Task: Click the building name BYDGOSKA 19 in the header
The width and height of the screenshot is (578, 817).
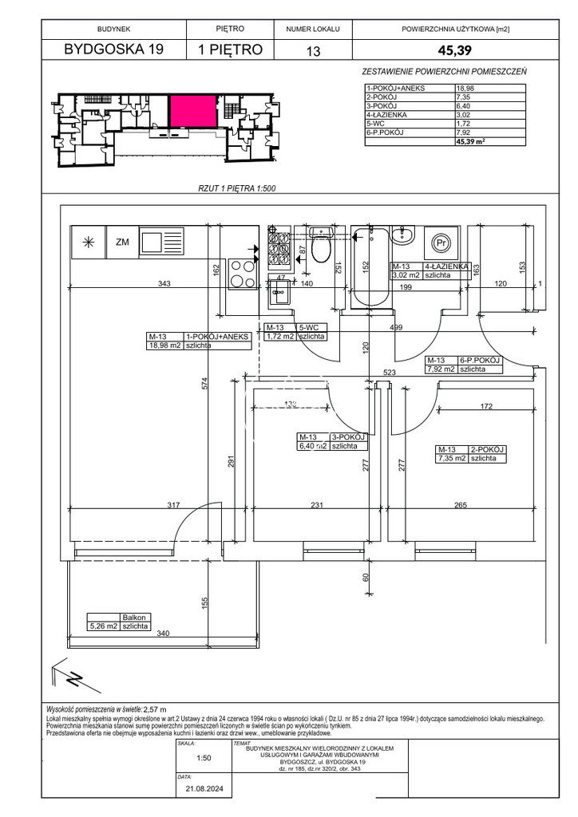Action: (113, 49)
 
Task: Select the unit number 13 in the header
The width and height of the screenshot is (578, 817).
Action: (307, 50)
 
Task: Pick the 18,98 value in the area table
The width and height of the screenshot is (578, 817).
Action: (464, 89)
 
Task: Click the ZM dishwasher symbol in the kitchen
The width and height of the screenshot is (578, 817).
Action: (122, 242)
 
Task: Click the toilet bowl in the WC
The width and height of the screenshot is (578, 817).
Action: (321, 247)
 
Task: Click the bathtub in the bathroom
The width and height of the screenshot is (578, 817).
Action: (370, 267)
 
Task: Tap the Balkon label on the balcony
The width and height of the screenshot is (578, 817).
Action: (133, 617)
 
